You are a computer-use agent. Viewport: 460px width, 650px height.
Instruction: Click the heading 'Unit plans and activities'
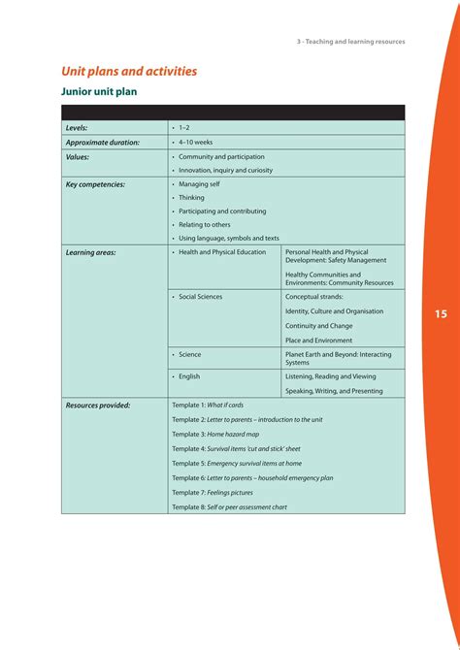point(129,71)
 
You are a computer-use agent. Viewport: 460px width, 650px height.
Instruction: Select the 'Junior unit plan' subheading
point(99,92)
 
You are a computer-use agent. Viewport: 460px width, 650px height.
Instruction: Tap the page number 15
point(441,314)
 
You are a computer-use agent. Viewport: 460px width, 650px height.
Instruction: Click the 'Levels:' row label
point(77,128)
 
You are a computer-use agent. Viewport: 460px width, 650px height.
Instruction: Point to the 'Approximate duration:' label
point(103,142)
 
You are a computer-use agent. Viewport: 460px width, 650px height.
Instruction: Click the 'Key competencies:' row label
point(95,183)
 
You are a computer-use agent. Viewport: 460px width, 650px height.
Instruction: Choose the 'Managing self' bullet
point(200,183)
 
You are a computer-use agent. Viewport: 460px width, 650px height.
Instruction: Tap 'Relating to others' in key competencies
point(205,224)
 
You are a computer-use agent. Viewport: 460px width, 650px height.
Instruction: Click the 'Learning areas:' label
point(90,252)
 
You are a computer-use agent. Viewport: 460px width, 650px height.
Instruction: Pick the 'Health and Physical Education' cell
point(222,252)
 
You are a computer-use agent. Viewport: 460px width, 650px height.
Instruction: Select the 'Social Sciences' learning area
point(201,297)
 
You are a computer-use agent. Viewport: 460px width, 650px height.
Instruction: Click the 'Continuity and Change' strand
point(319,326)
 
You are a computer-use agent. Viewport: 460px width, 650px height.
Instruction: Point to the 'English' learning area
point(189,376)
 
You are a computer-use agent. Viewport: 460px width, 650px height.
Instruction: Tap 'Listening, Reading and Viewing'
point(330,376)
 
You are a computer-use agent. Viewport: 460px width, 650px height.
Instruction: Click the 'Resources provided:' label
point(98,406)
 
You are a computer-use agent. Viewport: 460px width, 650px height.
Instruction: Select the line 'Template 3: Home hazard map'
point(215,434)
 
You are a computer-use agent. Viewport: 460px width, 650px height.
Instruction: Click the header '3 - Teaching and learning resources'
point(350,42)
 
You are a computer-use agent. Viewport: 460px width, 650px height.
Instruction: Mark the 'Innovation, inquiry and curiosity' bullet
point(225,170)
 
